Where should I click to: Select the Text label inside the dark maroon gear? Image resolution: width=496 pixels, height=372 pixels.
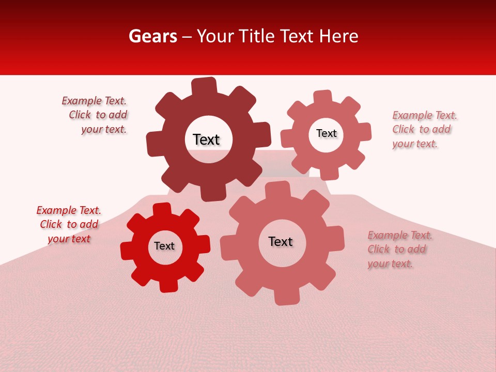click(x=206, y=139)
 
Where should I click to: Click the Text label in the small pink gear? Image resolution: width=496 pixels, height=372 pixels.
click(x=327, y=133)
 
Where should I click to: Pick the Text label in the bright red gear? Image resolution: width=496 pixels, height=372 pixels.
click(x=164, y=246)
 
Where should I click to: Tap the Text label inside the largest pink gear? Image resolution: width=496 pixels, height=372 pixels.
click(x=281, y=241)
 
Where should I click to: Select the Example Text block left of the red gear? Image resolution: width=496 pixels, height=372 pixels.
click(x=69, y=224)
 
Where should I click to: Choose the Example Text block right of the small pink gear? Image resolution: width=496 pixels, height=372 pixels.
click(x=424, y=129)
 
